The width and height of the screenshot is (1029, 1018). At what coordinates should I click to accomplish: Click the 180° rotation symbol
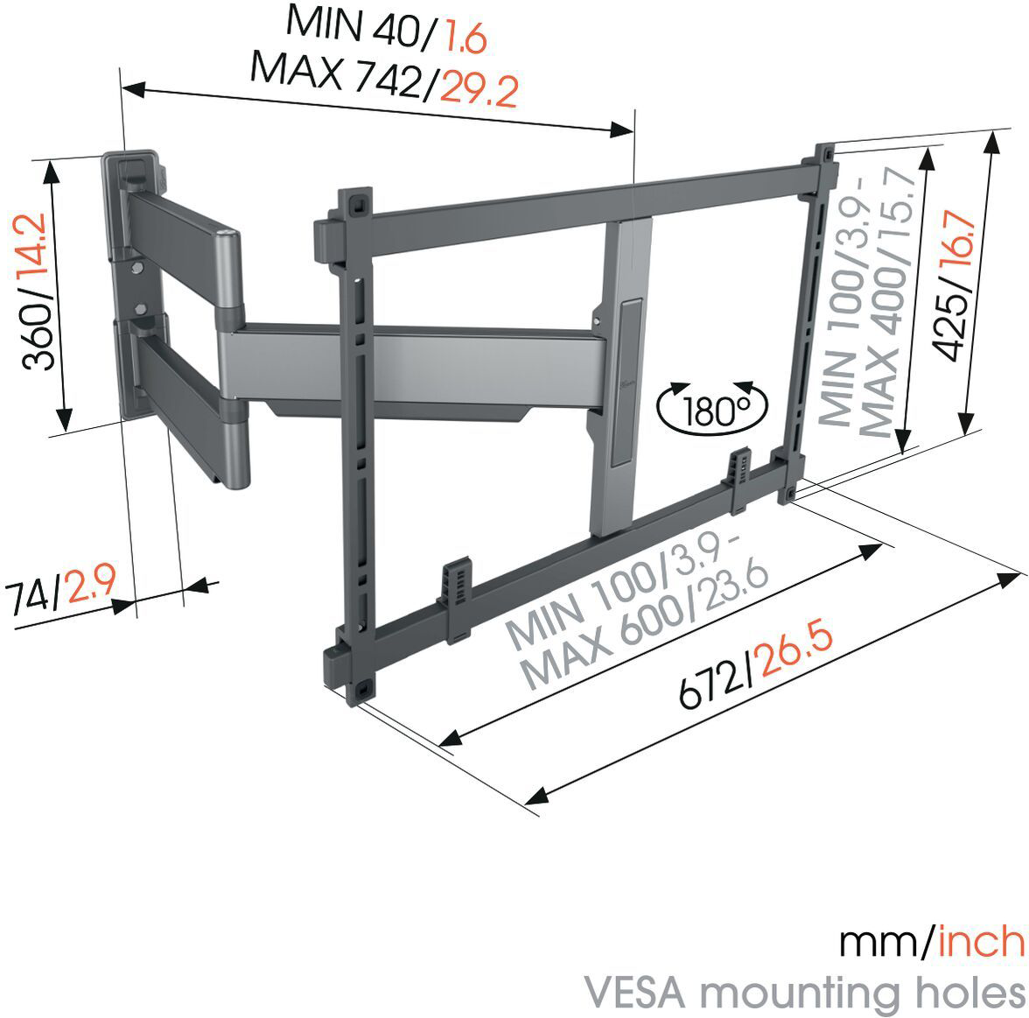[x=712, y=408]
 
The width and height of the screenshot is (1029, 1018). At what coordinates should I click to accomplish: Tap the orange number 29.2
[x=479, y=90]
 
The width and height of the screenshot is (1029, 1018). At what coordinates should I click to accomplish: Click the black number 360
[x=38, y=338]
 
